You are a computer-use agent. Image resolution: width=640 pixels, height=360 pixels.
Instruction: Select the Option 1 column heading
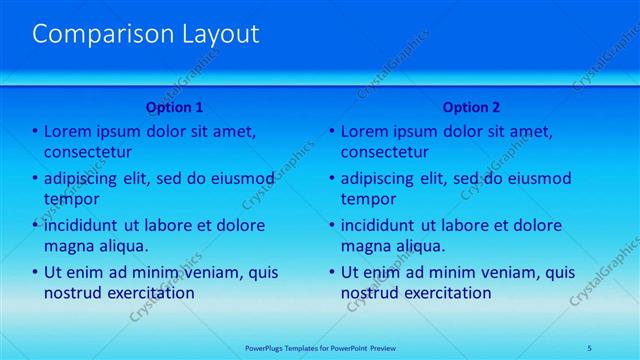[x=175, y=107]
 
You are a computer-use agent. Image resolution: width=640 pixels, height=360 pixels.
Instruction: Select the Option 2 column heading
[x=471, y=107]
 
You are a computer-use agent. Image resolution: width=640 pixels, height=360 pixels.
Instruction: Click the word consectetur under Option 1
[x=89, y=152]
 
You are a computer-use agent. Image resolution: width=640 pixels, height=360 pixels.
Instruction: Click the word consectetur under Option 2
[x=385, y=152]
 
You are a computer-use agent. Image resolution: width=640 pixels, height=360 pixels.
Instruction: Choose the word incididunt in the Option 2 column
[x=386, y=225]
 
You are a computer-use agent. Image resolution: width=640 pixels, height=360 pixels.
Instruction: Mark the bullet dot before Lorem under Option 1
[x=35, y=132]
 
